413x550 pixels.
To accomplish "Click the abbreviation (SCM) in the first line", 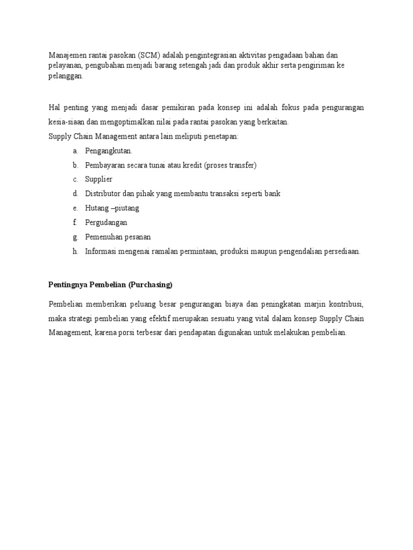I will [x=148, y=55].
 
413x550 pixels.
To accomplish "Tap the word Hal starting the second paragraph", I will [x=55, y=107].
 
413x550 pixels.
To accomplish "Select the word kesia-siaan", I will [x=66, y=122].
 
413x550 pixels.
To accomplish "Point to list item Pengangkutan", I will [x=109, y=151].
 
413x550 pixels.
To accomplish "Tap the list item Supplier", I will [x=98, y=179].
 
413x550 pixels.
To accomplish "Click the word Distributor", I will [x=104, y=193].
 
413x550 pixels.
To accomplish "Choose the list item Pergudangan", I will [x=106, y=222].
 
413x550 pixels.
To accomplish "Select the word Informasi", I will [x=103, y=251].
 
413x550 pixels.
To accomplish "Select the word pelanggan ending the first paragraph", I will [x=66, y=77].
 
